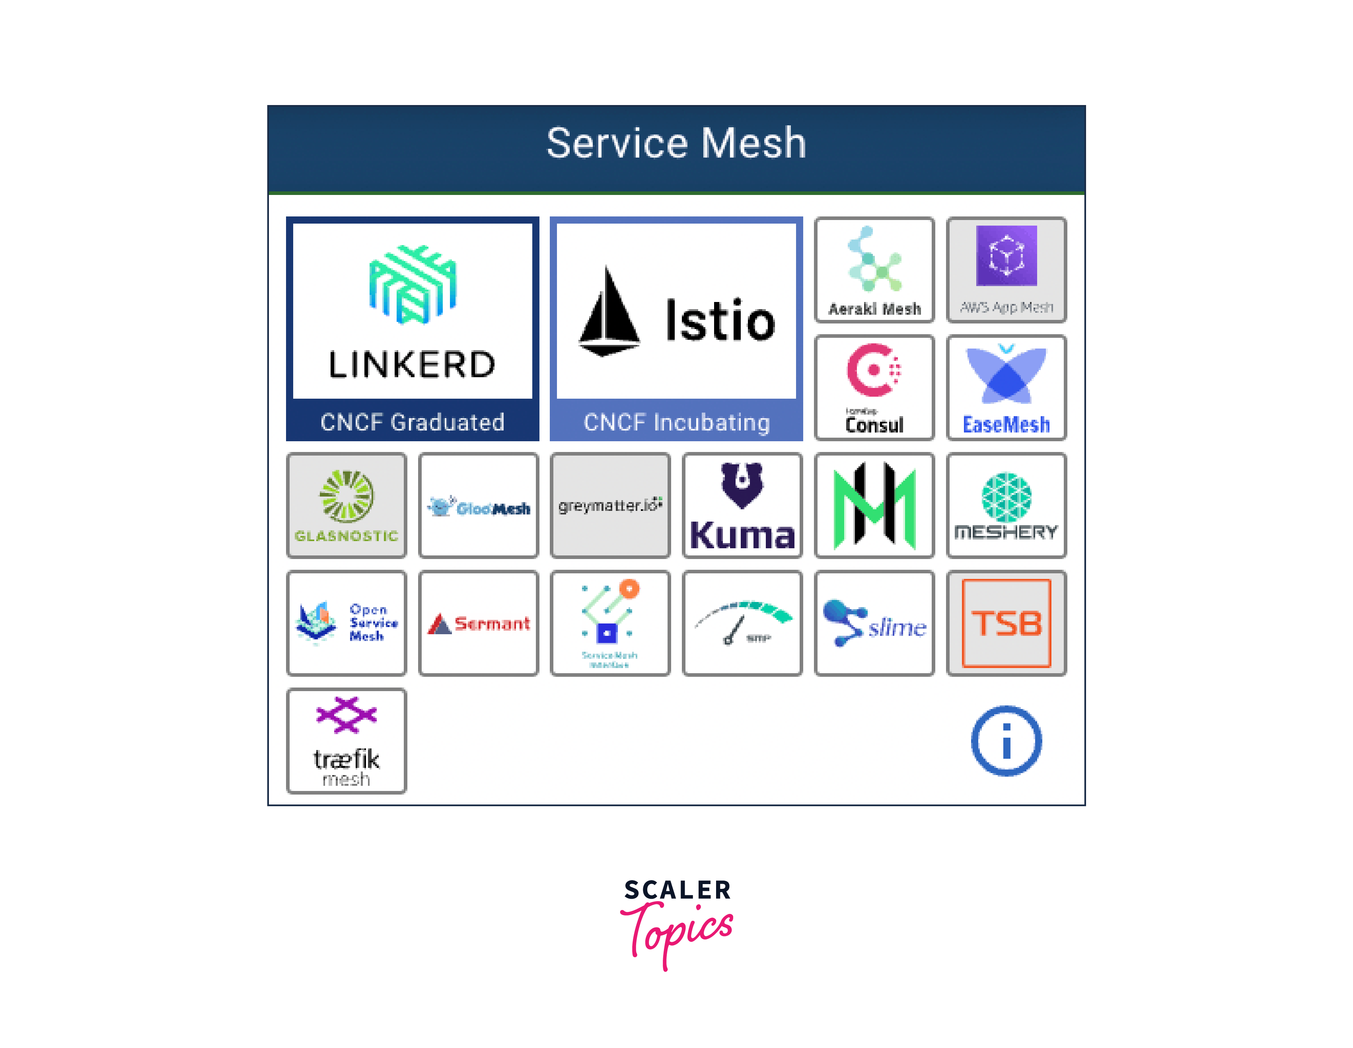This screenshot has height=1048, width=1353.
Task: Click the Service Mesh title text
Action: [676, 143]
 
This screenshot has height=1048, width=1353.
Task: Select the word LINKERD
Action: [412, 364]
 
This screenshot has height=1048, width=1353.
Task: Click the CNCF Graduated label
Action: [412, 422]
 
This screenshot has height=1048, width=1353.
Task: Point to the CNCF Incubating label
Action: [676, 422]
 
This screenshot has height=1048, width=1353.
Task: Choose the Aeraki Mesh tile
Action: [874, 270]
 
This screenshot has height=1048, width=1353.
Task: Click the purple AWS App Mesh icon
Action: [1006, 255]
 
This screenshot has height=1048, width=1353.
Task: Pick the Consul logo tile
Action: [874, 388]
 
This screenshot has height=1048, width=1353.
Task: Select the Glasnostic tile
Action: [346, 505]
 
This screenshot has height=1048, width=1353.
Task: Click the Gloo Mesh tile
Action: [478, 505]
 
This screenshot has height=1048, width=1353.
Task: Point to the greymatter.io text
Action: [610, 506]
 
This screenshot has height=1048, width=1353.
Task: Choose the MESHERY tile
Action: [1006, 505]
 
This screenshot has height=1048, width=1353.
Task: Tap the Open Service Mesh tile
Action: [346, 623]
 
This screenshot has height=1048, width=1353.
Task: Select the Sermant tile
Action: [478, 623]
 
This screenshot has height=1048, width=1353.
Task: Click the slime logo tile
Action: [874, 623]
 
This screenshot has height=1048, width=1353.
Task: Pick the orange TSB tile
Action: [1006, 623]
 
